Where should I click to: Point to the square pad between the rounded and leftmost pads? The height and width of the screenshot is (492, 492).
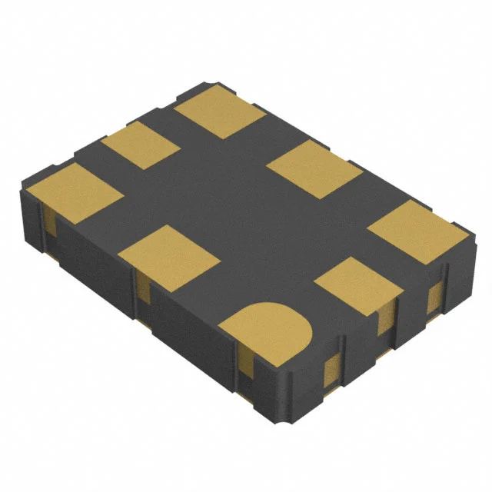[166, 257]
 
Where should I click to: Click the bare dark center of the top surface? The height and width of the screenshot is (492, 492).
[238, 208]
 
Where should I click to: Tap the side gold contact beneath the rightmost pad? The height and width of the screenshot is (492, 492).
[435, 296]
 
